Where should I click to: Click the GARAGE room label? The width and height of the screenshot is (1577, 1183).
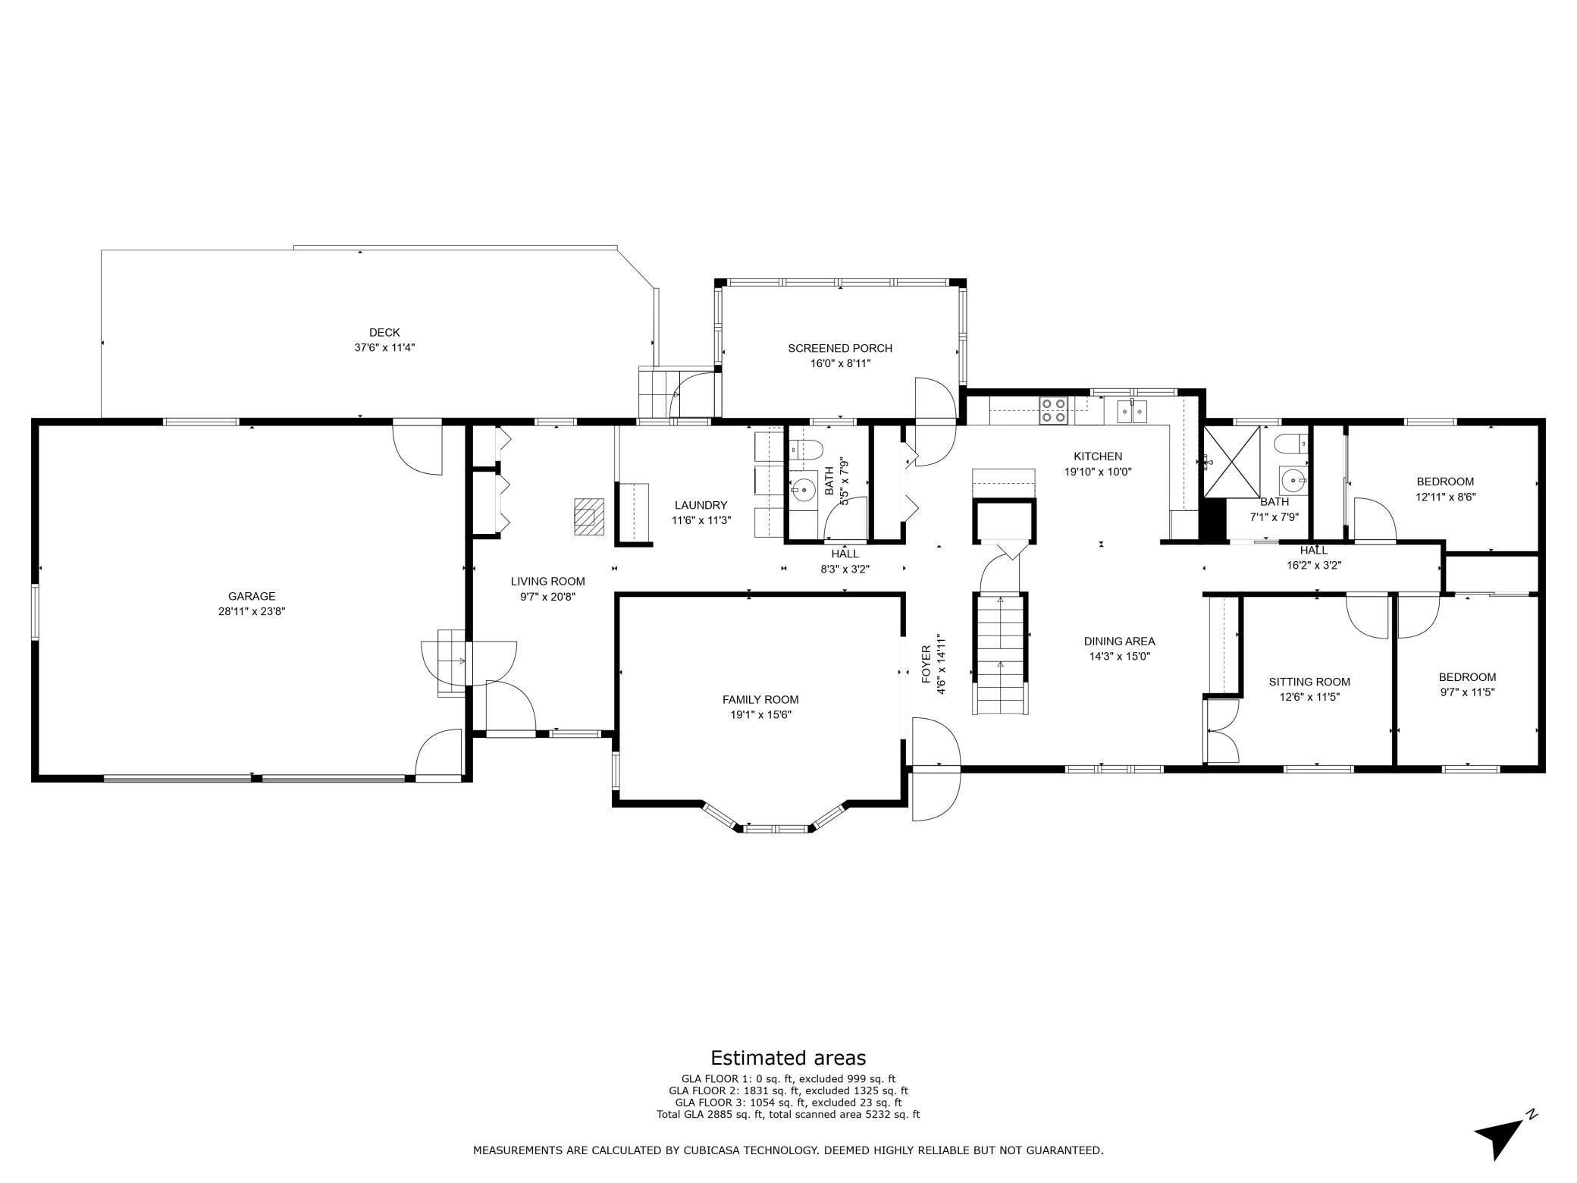(x=252, y=596)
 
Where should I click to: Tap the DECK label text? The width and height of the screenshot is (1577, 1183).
(x=384, y=332)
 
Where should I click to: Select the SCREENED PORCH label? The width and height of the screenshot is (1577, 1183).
(x=840, y=348)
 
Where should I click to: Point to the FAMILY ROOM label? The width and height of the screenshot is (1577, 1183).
(x=760, y=699)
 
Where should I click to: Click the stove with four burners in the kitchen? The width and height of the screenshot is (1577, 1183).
(x=1052, y=409)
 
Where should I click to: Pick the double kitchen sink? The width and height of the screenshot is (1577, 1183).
(x=1131, y=411)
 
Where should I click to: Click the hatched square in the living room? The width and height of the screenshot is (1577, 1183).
(x=588, y=516)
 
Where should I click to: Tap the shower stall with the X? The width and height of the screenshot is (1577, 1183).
(x=1232, y=461)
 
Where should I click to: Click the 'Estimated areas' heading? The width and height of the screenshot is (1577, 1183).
(x=788, y=1058)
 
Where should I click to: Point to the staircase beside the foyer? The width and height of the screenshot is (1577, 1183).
(x=1001, y=654)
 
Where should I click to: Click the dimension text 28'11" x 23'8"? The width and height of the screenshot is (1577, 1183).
(x=252, y=611)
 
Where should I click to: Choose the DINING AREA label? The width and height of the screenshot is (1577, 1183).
(x=1119, y=642)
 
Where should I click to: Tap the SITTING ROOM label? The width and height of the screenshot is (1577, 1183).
(x=1309, y=682)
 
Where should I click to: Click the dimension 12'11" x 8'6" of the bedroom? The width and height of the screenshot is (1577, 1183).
(x=1445, y=497)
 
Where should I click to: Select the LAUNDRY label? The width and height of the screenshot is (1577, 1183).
(x=701, y=505)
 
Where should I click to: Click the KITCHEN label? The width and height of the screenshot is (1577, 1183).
(x=1097, y=457)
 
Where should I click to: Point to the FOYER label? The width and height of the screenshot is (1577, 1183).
(x=926, y=664)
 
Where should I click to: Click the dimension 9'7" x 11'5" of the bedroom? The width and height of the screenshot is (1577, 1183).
(x=1467, y=692)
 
